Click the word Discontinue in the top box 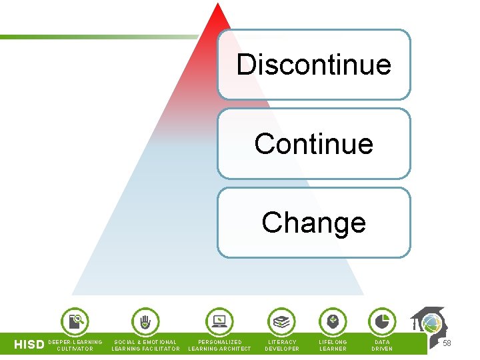[313, 65]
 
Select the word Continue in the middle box [313, 143]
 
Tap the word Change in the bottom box [313, 223]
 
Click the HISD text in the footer [29, 345]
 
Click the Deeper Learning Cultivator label [75, 345]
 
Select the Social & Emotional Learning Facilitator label [145, 345]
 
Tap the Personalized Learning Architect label [220, 345]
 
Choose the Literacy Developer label [282, 345]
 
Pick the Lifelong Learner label [333, 345]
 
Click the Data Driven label [382, 345]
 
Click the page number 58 [447, 343]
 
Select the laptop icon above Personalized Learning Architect [219, 321]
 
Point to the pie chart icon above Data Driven [382, 321]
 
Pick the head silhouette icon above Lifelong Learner [333, 321]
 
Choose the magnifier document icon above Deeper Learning [75, 321]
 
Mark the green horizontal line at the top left [100, 37]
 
